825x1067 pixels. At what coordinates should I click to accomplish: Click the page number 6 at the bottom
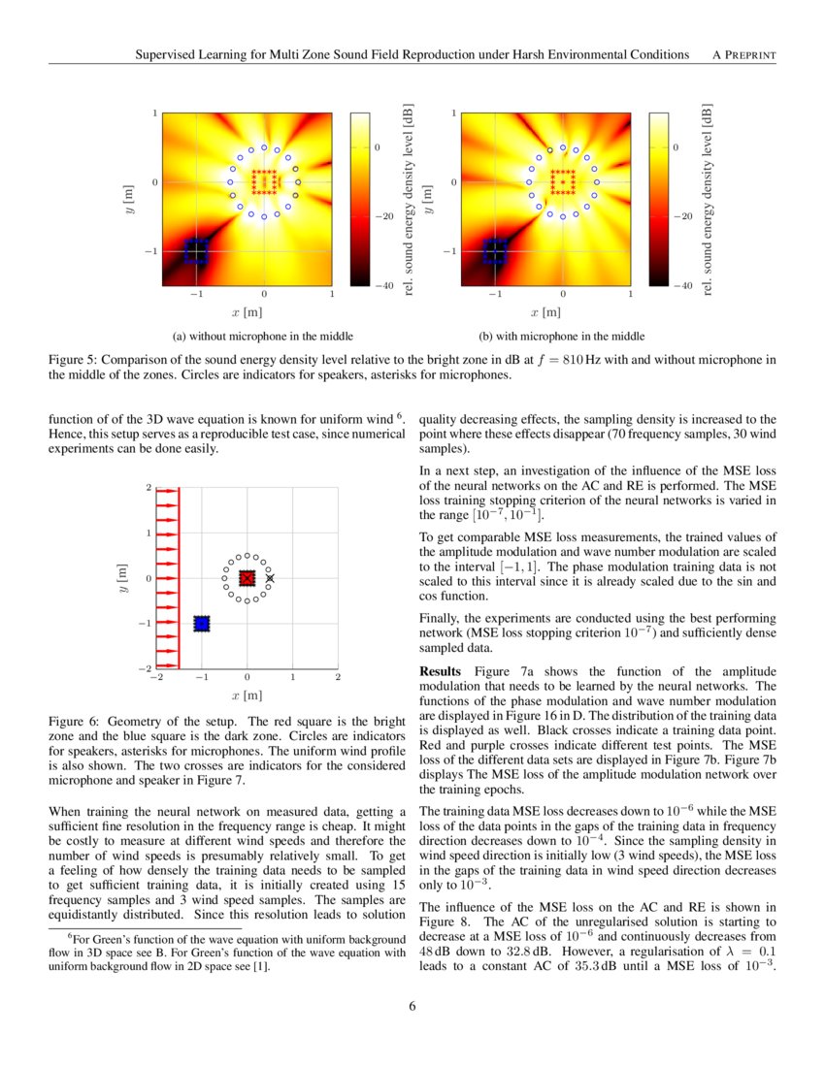(412, 1006)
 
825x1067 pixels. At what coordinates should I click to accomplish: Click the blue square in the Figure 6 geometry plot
(202, 624)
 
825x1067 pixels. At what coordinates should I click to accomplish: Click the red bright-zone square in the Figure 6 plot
(247, 578)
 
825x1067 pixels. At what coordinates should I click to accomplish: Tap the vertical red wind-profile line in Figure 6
(179, 578)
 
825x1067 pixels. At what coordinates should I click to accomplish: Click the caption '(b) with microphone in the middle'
(562, 337)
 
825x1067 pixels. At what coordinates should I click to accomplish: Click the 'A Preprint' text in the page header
(743, 54)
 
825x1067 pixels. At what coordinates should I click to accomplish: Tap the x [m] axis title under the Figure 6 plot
(247, 695)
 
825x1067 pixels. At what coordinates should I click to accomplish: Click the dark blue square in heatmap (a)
(196, 251)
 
